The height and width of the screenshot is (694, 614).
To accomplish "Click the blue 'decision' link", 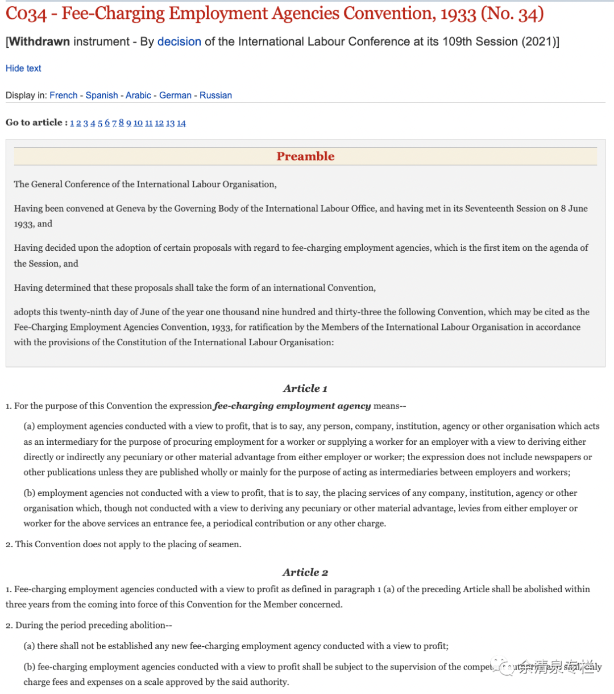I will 179,42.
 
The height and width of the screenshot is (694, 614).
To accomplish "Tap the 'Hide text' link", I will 23,68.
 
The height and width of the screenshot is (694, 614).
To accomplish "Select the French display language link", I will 63,95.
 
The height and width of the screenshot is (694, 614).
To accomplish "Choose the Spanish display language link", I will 102,95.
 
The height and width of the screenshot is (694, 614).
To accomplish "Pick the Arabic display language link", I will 138,95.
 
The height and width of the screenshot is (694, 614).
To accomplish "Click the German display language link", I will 175,95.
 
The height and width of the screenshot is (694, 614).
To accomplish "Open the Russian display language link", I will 215,95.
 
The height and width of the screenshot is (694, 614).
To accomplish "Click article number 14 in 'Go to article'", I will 181,123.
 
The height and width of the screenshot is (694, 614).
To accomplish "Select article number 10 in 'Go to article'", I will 138,123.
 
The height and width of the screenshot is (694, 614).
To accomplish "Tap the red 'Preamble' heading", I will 305,156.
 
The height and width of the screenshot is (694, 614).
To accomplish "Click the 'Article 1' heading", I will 305,389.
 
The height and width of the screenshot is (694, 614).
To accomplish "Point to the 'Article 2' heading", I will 305,572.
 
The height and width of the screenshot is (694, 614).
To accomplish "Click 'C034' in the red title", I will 26,14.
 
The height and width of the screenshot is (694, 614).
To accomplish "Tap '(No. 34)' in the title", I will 512,14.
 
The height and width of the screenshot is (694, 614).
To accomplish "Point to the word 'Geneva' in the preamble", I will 131,209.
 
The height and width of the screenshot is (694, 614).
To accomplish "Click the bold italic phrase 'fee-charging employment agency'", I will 292,406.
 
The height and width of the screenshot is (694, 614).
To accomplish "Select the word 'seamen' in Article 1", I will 224,544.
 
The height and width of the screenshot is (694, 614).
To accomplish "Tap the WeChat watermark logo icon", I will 503,666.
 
